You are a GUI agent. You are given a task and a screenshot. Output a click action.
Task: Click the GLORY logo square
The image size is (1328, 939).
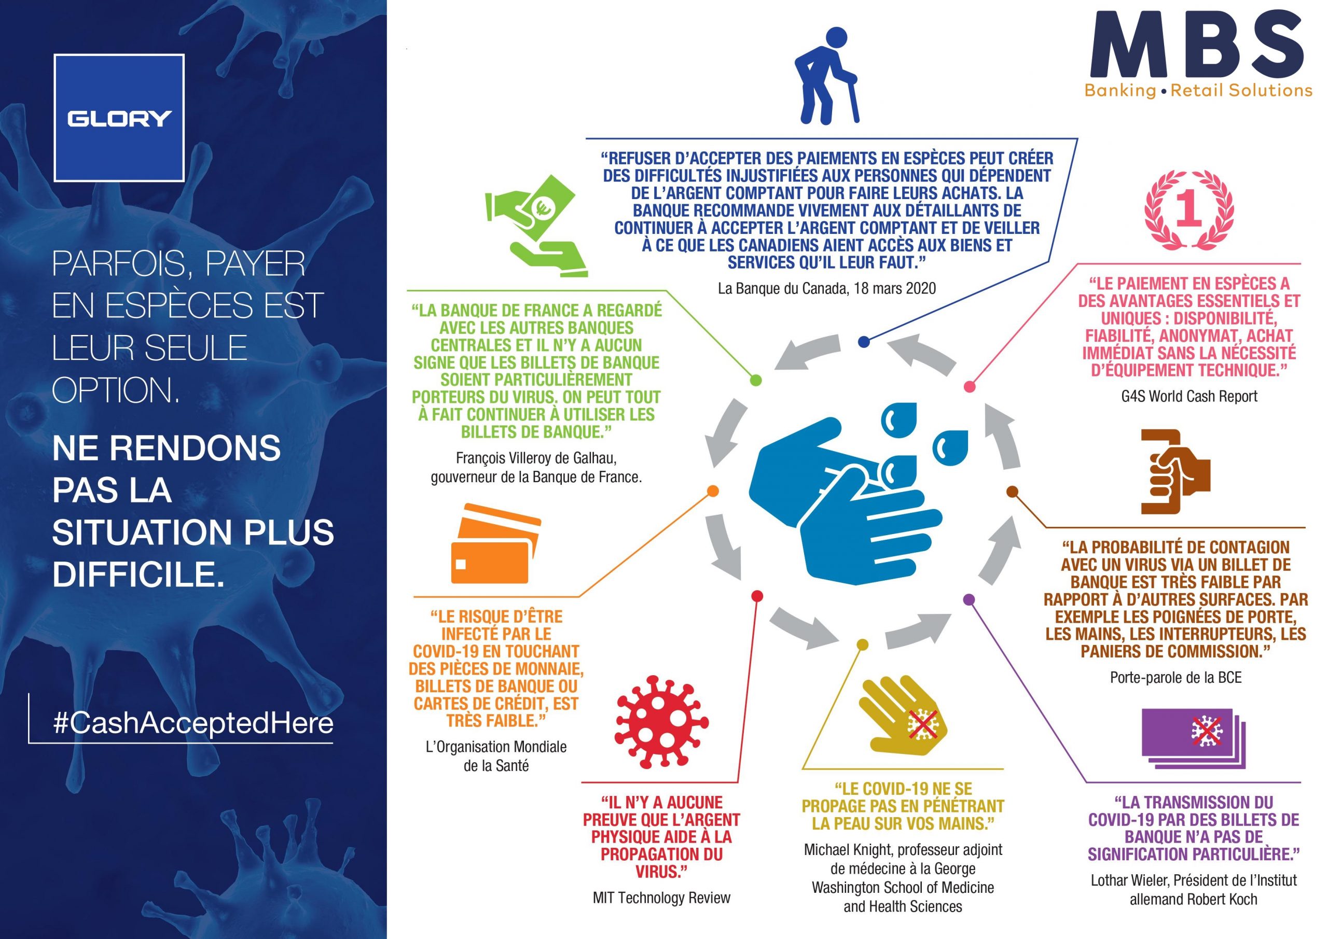119,118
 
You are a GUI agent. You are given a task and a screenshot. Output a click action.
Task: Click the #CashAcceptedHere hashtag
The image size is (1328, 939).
193,724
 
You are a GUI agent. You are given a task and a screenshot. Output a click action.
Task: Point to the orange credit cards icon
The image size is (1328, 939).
496,542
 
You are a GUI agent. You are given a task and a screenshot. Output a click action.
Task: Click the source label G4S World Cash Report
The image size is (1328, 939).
1189,396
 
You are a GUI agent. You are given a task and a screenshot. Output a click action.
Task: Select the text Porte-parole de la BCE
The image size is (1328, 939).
1176,677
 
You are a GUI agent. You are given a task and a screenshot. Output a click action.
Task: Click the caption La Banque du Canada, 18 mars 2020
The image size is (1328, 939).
826,288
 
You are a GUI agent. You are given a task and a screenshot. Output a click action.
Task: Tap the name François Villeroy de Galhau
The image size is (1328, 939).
536,458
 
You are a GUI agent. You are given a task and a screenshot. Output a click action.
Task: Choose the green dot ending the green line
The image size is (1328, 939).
755,380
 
